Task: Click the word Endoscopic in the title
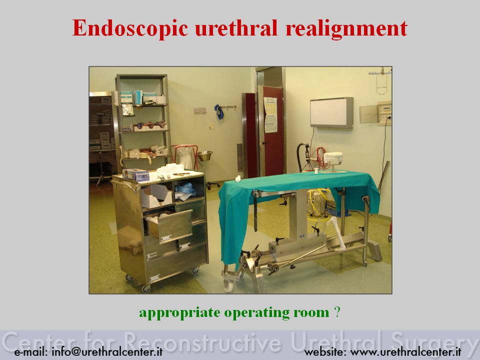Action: (x=130, y=28)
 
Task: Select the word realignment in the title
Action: (x=346, y=28)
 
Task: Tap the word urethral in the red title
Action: (x=236, y=28)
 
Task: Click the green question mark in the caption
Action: (x=337, y=312)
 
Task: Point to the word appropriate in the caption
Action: (x=179, y=313)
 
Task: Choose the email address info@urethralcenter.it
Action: (x=107, y=351)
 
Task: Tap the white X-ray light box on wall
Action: (x=332, y=112)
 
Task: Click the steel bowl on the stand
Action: (x=205, y=156)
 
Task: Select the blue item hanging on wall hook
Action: (x=219, y=111)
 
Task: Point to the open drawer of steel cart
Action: (x=168, y=226)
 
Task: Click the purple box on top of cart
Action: (x=136, y=175)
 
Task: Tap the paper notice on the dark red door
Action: (x=270, y=115)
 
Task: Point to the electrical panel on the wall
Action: (x=384, y=113)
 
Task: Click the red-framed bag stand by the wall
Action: (x=185, y=156)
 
